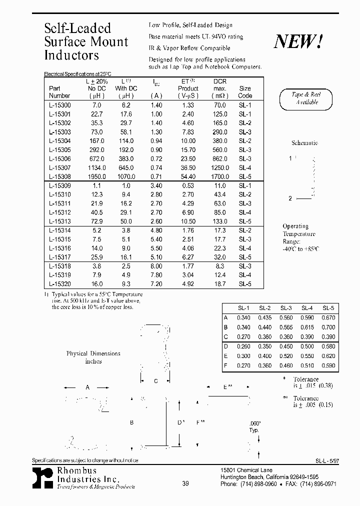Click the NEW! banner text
tap(298, 42)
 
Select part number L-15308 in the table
tap(59, 176)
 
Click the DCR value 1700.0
tap(219, 176)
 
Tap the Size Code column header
tap(245, 91)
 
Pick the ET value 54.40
tap(187, 176)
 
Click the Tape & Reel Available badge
tap(305, 98)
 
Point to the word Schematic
tap(304, 143)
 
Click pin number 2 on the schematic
tap(290, 198)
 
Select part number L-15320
tap(59, 283)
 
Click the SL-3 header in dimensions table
tap(286, 308)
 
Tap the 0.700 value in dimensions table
tap(328, 327)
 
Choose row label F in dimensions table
tap(225, 365)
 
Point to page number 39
tap(185, 483)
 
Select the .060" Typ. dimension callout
tap(255, 426)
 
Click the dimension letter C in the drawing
tap(155, 381)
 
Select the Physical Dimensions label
tap(93, 353)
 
